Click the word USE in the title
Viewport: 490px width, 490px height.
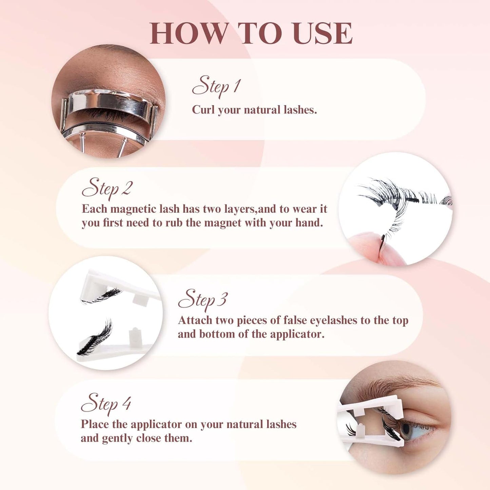(x=322, y=33)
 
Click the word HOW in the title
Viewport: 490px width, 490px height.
(x=189, y=33)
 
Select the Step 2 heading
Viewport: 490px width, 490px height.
(x=107, y=188)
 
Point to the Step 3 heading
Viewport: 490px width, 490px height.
(x=203, y=300)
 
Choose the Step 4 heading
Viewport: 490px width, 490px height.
(x=106, y=404)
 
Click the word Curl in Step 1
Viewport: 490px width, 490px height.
(x=203, y=110)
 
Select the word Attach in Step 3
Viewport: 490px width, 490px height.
(x=195, y=320)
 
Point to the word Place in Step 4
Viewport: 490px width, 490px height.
(x=95, y=424)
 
